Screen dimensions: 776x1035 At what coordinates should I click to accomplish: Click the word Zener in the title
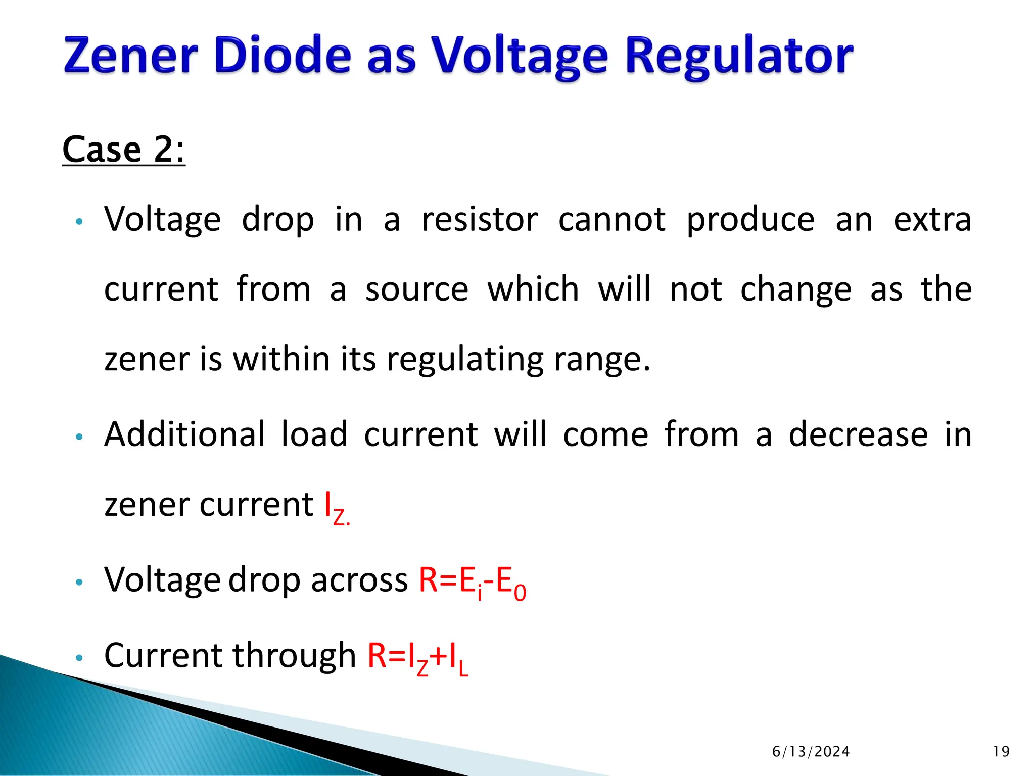(130, 56)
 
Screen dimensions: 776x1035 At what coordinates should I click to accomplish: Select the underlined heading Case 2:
(124, 150)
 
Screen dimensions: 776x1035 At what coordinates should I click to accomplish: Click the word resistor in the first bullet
(480, 220)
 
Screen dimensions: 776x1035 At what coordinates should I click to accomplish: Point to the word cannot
(611, 220)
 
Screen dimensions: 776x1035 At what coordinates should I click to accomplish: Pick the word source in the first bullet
(416, 290)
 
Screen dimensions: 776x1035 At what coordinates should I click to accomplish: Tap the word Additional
(184, 434)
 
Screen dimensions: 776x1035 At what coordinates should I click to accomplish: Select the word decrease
(858, 434)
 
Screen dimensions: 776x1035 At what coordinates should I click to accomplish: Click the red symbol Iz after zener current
(336, 507)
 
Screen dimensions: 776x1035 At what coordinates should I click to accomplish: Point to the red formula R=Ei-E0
(472, 581)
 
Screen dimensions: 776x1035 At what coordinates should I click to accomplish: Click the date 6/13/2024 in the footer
(811, 752)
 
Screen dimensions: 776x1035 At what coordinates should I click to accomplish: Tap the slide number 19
(1001, 752)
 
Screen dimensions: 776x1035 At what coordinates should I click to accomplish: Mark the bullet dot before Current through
(78, 658)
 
